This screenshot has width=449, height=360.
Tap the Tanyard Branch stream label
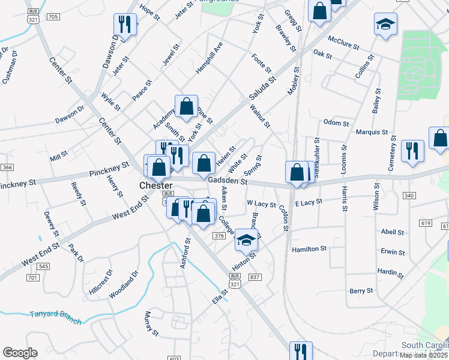(x=56, y=317)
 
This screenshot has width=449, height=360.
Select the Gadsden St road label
(x=228, y=181)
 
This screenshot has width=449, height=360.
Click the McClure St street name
(x=343, y=42)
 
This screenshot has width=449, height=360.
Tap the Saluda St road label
(x=263, y=88)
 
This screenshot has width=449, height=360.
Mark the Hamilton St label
(x=309, y=248)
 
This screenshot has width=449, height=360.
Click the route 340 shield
(x=409, y=196)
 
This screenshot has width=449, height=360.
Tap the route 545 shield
(x=43, y=266)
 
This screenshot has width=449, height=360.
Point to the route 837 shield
(x=255, y=277)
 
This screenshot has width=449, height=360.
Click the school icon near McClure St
(x=385, y=25)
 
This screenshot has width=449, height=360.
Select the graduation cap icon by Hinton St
(x=246, y=240)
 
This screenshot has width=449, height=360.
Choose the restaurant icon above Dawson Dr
(x=124, y=25)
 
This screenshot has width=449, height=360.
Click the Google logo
(x=20, y=353)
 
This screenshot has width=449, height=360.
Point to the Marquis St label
(x=372, y=132)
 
